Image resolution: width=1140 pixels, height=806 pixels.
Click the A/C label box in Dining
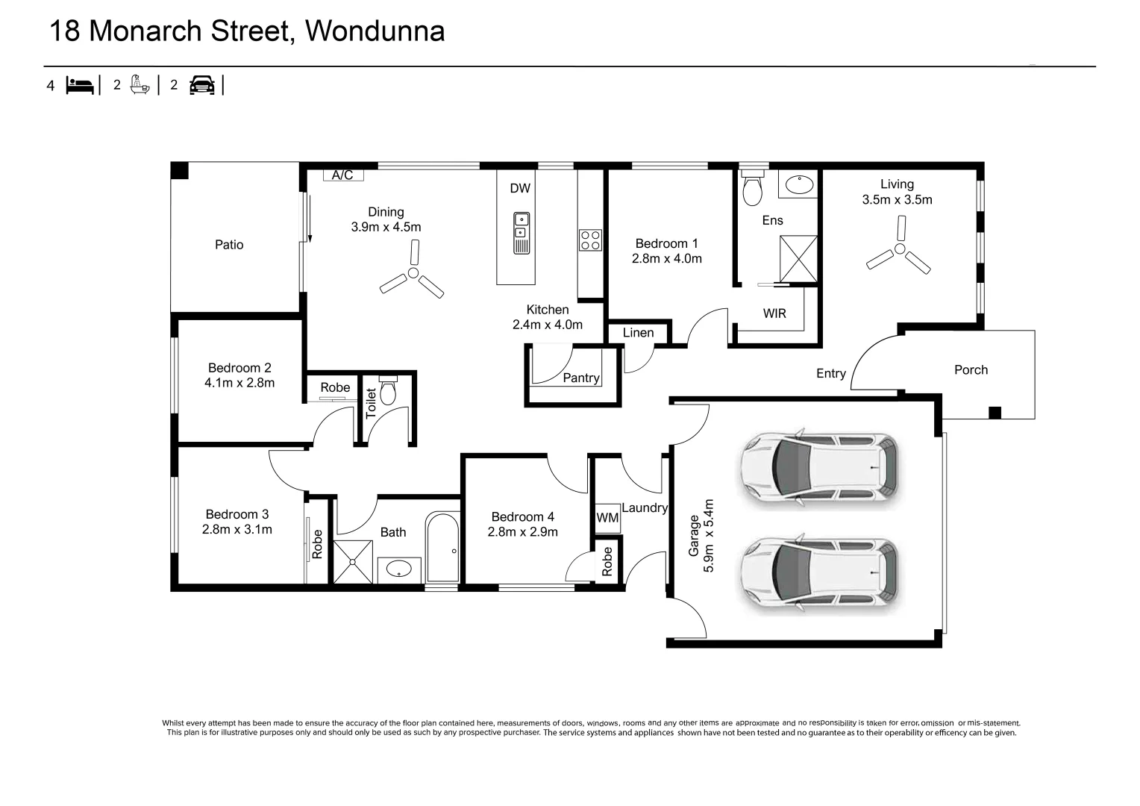pos(343,175)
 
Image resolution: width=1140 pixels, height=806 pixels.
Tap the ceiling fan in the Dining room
pos(413,275)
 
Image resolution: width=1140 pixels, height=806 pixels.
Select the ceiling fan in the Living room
pos(899,249)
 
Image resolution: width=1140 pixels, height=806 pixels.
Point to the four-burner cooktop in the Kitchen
pos(590,240)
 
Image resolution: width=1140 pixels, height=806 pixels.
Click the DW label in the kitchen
pos(520,188)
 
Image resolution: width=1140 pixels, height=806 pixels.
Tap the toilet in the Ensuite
pos(752,188)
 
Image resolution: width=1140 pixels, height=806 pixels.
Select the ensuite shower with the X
pos(798,259)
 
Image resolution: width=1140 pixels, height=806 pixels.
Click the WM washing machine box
pos(607,517)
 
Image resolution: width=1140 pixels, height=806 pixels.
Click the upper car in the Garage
pos(818,468)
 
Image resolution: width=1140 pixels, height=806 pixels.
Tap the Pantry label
pos(581,378)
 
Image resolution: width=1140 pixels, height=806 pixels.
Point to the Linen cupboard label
pos(638,333)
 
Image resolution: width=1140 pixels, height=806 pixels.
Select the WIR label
pos(774,313)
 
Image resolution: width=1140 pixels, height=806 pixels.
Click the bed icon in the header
pos(80,85)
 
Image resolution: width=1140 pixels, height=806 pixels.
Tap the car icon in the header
pos(201,85)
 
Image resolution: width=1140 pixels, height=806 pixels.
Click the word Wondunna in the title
pos(375,31)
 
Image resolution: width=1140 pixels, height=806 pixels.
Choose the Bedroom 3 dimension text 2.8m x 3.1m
pos(237,529)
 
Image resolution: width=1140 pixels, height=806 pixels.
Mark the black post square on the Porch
pos(995,412)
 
